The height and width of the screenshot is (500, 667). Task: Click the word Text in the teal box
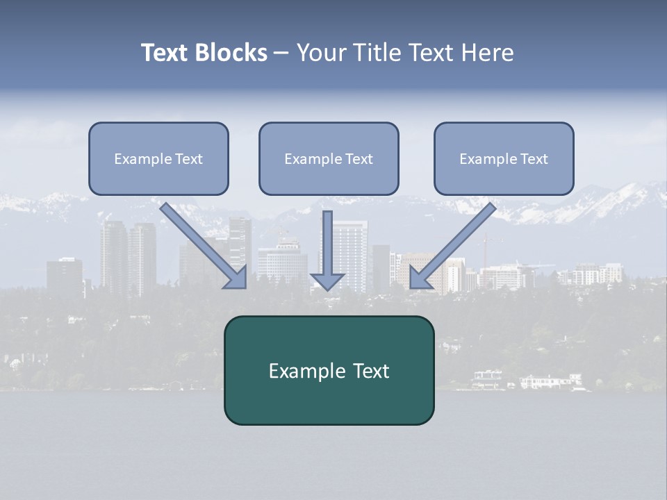pos(371,371)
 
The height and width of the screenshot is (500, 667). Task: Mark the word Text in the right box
pos(534,159)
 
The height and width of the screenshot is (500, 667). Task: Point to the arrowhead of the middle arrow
pos(327,281)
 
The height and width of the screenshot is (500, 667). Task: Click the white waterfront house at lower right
pos(550,381)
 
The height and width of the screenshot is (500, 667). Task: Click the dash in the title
pos(281,53)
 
